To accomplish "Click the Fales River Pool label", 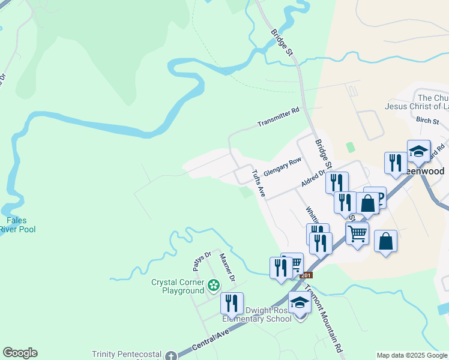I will [x=17, y=225].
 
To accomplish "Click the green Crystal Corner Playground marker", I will [x=213, y=283].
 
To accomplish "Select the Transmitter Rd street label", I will [x=278, y=118].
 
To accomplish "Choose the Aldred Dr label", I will [x=313, y=178].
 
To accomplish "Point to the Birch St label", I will [x=427, y=121].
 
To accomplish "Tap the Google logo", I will [x=20, y=353].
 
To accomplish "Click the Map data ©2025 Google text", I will [x=412, y=355].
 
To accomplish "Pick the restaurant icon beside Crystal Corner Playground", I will [x=232, y=304].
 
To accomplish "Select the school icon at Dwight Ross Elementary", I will [x=300, y=304].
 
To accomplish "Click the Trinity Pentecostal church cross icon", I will [x=170, y=355].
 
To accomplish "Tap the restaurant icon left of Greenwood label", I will [x=395, y=163].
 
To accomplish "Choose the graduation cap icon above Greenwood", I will [x=418, y=151].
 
